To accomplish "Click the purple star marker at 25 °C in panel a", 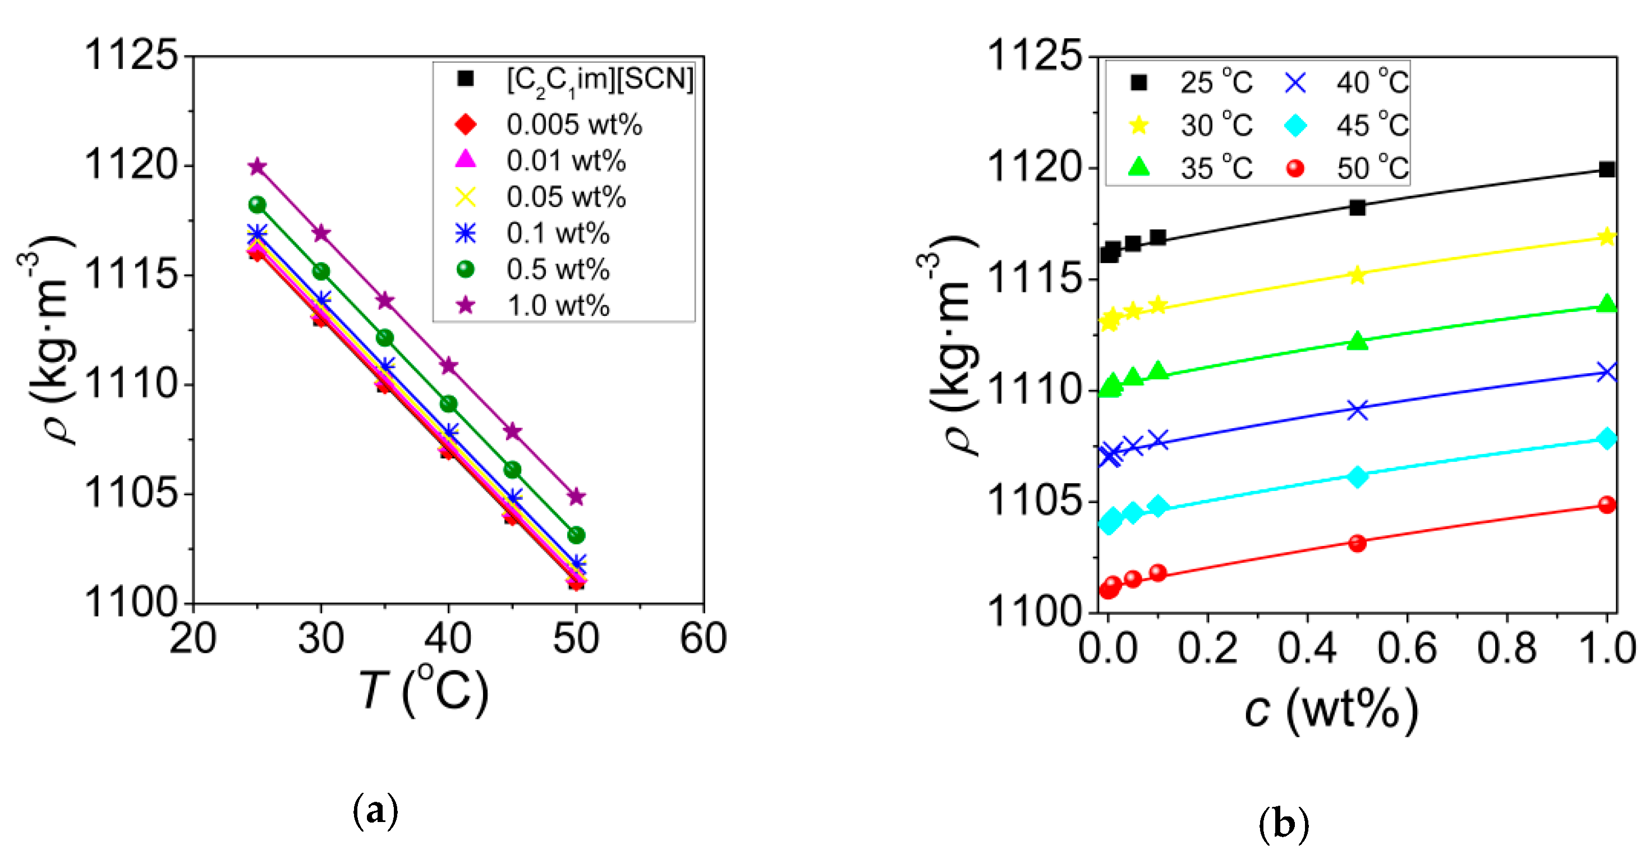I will tap(257, 167).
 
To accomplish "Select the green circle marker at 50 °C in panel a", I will tap(577, 534).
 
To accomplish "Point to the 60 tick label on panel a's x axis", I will tap(704, 638).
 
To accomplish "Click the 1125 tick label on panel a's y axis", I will tap(131, 55).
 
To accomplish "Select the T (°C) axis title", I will tap(424, 691).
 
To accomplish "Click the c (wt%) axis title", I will tap(1331, 710).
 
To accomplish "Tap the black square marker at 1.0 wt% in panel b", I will tap(1606, 169).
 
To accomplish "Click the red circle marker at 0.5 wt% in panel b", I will tap(1357, 543).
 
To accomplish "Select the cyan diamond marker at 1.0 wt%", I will tap(1606, 439).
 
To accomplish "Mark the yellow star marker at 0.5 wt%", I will tap(1357, 275).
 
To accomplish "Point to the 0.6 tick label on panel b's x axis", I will tap(1407, 648).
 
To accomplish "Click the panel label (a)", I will tap(375, 811).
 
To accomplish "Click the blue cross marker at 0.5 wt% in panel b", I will tap(1357, 410).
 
